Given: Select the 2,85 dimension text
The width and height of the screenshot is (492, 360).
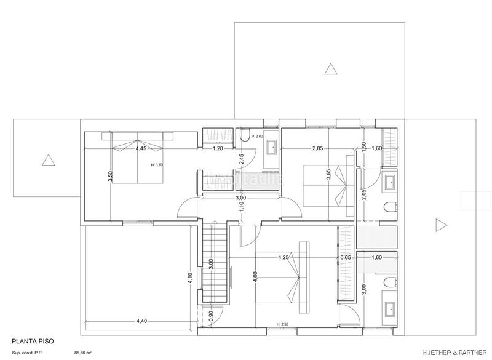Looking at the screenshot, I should coord(317,148).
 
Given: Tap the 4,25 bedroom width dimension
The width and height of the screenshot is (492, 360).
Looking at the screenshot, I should coord(284,257).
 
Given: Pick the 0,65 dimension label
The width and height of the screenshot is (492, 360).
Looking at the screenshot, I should coord(346,257).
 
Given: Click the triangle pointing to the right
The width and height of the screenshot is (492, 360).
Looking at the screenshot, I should coord(440,225).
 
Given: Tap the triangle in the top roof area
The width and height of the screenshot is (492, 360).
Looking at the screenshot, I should coord(331,69).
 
